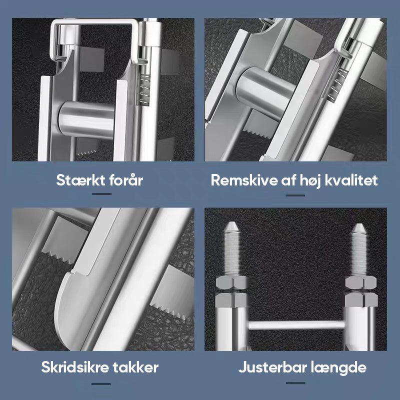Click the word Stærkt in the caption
80,180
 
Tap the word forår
126,180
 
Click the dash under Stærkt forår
101,194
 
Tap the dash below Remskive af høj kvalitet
295,195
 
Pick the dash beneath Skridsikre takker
101,383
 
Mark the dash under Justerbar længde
295,382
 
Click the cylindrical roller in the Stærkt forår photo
86,119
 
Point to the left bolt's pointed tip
231,222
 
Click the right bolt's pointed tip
358,224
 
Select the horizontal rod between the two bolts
296,325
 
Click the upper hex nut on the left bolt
231,282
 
